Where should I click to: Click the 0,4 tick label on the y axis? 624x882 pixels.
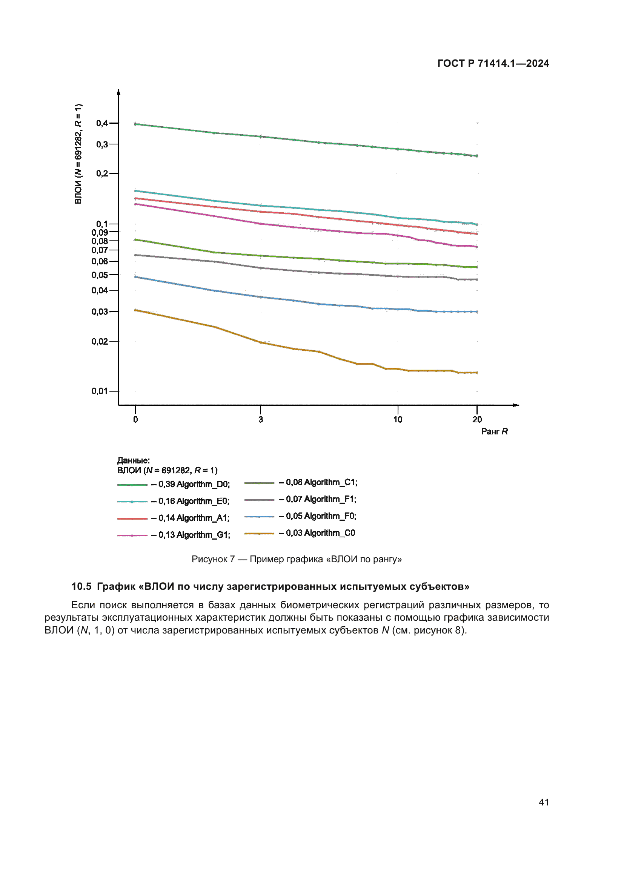102,123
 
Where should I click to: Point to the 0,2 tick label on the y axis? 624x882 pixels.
102,173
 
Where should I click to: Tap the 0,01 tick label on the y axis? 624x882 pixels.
100,391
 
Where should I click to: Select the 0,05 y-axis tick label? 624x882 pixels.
100,275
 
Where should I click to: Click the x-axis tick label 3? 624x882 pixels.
261,419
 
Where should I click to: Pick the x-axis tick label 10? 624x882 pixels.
398,419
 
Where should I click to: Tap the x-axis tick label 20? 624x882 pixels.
477,419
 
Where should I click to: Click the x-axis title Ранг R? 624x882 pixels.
495,431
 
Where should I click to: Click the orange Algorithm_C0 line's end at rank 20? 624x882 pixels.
477,373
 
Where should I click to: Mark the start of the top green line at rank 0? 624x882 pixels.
136,124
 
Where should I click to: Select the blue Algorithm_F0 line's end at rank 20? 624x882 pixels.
477,311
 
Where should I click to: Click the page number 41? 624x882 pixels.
544,802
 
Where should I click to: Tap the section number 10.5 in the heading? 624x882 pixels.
81,587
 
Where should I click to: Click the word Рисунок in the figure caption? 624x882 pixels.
213,559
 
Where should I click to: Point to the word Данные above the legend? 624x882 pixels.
133,460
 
